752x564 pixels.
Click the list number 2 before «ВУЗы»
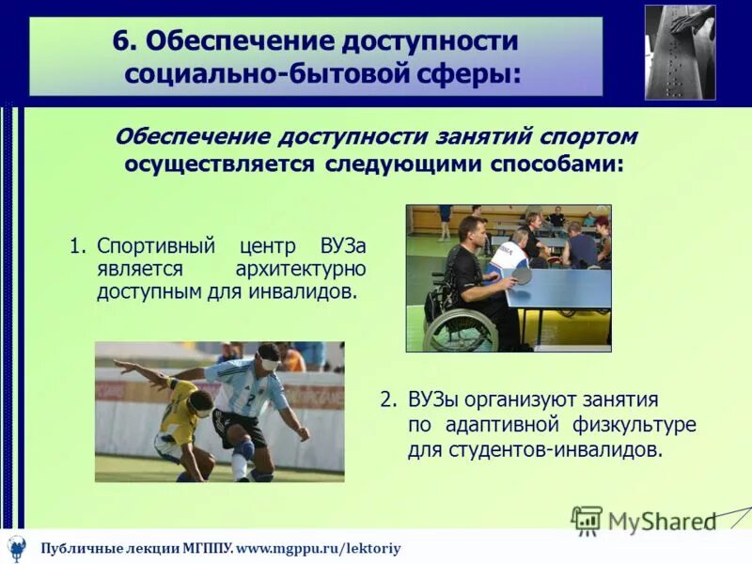click(x=386, y=399)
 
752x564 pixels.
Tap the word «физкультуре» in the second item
click(x=638, y=424)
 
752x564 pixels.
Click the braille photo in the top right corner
click(x=680, y=52)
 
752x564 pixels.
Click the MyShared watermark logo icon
click(x=587, y=519)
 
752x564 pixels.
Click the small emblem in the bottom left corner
click(x=17, y=547)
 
